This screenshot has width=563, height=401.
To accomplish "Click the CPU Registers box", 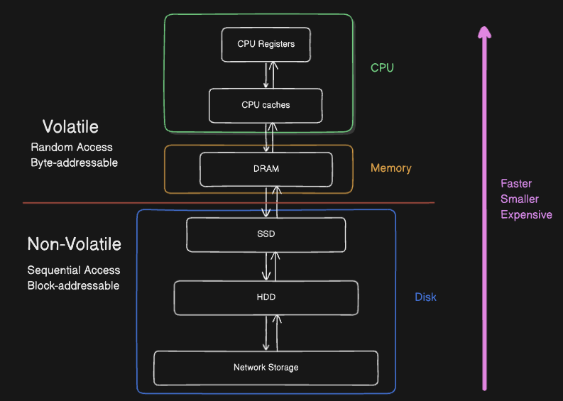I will (266, 44).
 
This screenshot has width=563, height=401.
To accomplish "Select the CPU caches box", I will (266, 105).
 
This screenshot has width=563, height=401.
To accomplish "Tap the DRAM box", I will (266, 169).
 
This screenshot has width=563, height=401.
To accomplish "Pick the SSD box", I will (266, 234).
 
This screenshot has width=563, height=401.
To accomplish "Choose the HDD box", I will (266, 297).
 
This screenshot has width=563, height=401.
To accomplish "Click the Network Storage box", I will (266, 367).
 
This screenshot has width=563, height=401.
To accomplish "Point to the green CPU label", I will (382, 68).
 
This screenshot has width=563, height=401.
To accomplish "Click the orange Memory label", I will (390, 168).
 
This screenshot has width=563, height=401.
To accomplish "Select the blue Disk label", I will (425, 297).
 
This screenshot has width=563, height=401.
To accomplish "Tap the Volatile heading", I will (70, 127).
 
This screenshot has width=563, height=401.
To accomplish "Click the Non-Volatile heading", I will (74, 244).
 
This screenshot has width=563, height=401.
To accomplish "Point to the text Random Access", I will (72, 148).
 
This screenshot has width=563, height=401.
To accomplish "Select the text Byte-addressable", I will (74, 163).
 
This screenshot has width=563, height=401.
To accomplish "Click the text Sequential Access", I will (74, 270).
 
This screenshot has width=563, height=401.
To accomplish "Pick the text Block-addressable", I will (73, 285).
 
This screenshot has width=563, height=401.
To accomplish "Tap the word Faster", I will (516, 184).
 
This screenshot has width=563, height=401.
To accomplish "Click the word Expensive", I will (526, 214).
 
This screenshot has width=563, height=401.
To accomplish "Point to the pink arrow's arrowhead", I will (484, 32).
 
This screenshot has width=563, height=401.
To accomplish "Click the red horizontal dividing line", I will (106, 204).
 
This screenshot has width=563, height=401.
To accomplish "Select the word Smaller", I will (520, 199).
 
